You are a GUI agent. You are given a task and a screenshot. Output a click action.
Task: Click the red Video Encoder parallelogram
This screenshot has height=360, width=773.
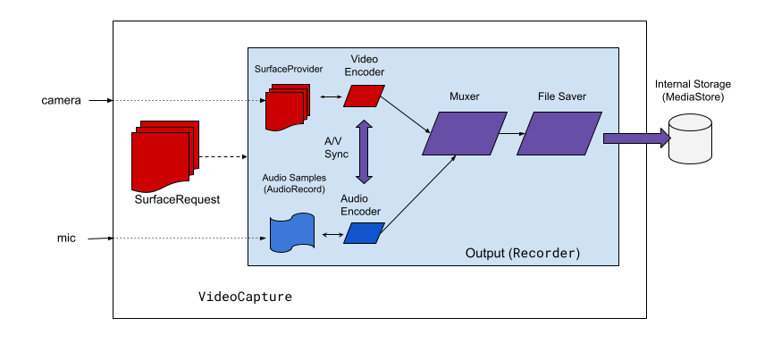coord(365,96)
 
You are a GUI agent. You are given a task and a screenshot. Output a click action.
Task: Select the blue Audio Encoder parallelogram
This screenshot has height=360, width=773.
coord(364,233)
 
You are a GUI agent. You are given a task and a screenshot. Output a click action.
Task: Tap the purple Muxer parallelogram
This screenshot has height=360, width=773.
coord(465,133)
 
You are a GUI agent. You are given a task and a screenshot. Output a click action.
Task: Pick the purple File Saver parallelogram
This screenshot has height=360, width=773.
coord(559,133)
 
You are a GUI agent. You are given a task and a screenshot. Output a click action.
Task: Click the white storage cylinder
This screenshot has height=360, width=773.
coord(690,138)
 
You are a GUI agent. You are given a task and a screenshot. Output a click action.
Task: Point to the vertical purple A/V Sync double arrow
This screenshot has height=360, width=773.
coord(364,152)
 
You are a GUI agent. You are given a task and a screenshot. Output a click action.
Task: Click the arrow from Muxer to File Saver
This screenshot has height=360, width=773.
coord(511,133)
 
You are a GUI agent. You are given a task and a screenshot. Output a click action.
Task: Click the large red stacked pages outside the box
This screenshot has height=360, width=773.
coord(164,156)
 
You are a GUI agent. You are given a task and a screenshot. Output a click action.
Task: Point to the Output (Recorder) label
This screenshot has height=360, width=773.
coord(523,253)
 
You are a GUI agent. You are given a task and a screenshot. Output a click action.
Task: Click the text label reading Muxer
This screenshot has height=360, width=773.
coord(465,96)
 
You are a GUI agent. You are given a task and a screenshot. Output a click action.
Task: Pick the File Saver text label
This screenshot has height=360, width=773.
coord(562,96)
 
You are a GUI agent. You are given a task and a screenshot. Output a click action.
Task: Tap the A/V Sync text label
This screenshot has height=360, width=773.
coord(336,147)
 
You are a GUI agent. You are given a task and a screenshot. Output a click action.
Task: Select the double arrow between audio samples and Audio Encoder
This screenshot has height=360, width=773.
coord(332,235)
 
